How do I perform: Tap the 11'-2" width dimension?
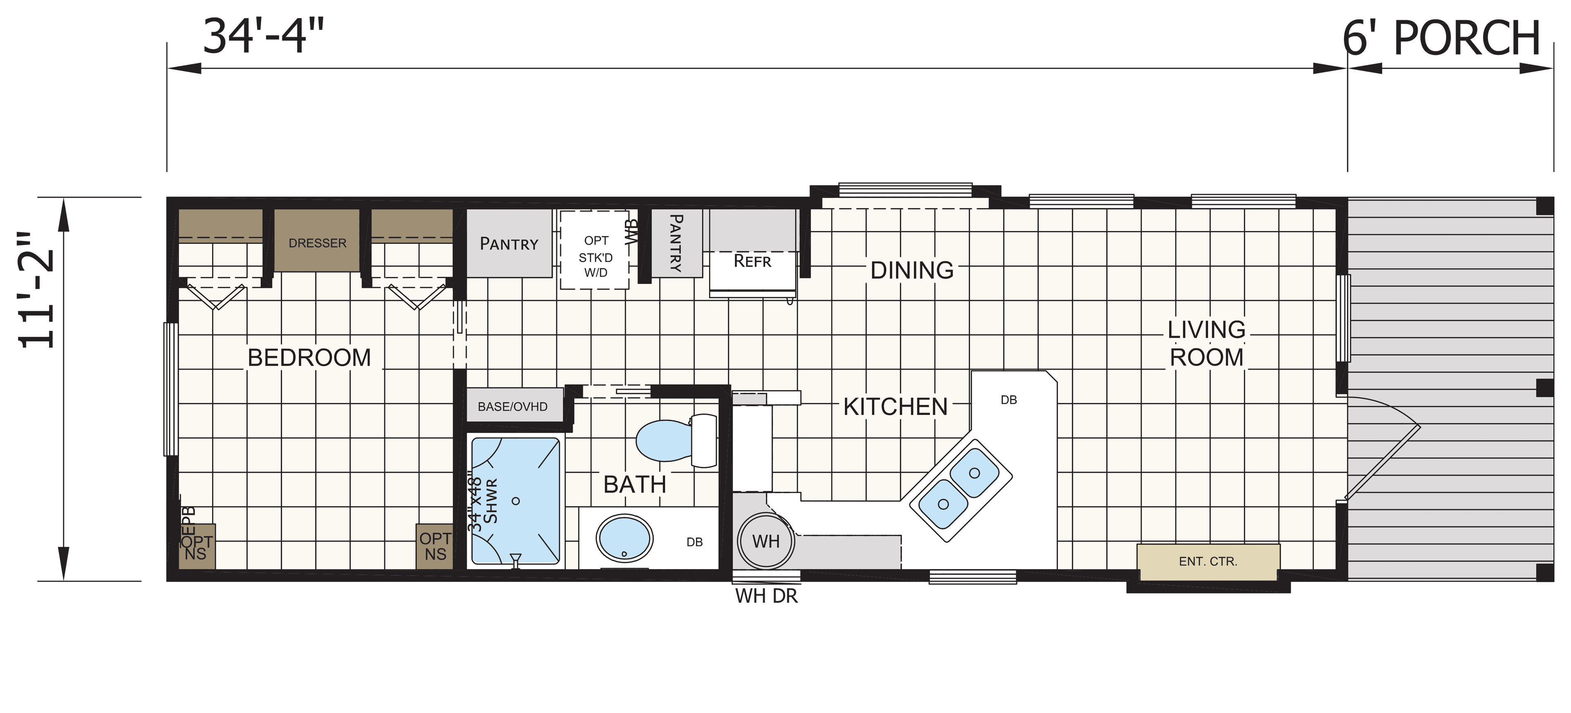pyautogui.click(x=38, y=290)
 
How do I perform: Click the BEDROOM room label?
pyautogui.click(x=309, y=358)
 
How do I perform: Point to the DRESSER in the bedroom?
pyautogui.click(x=317, y=240)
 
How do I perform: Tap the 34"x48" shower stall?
pyautogui.click(x=516, y=501)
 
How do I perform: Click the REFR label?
pyautogui.click(x=752, y=261)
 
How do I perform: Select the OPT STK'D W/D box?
pyautogui.click(x=594, y=250)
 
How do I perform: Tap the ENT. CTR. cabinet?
pyautogui.click(x=1208, y=562)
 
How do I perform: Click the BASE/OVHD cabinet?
pyautogui.click(x=513, y=405)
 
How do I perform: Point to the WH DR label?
pyautogui.click(x=766, y=596)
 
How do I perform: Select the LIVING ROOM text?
pyautogui.click(x=1207, y=343)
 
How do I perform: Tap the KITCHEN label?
pyautogui.click(x=895, y=407)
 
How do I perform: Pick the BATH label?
pyautogui.click(x=635, y=484)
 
